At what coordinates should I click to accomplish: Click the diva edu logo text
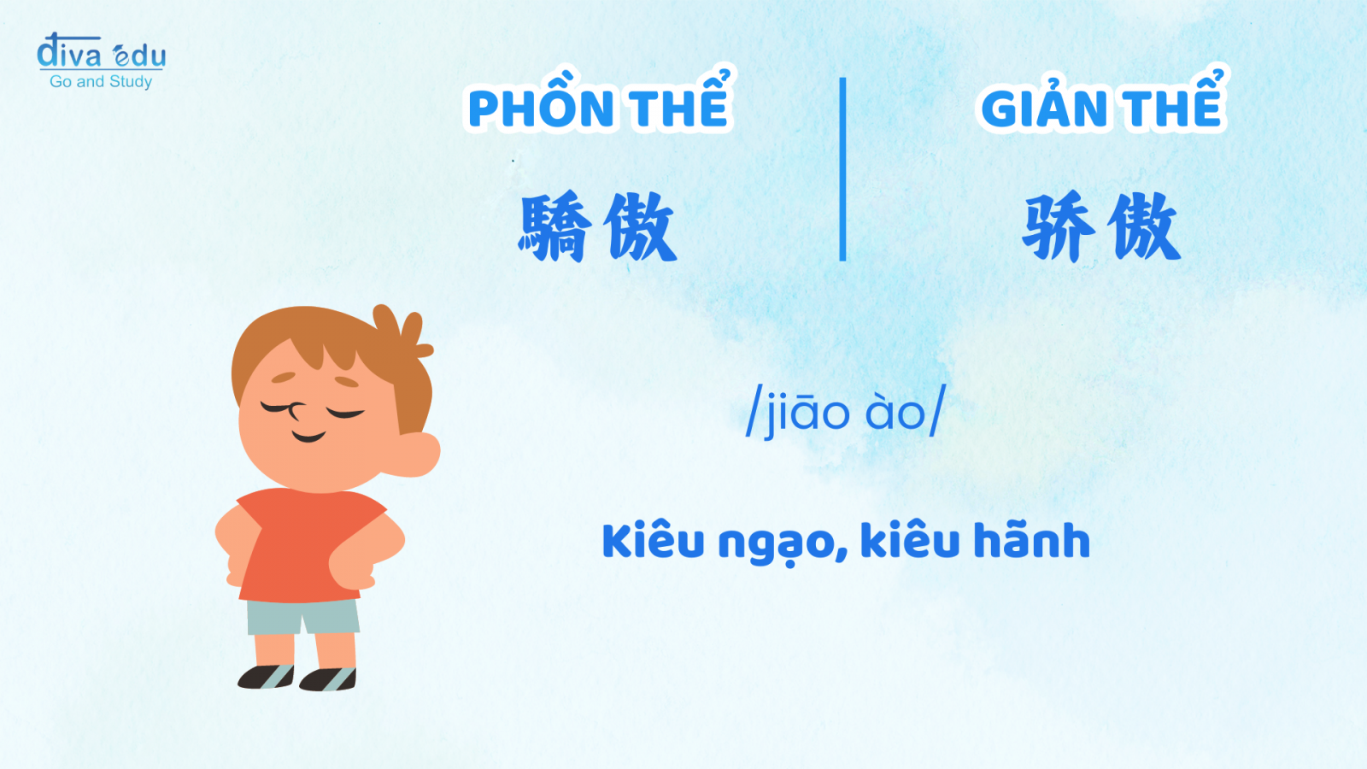[102, 51]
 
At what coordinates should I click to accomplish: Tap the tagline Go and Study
[101, 82]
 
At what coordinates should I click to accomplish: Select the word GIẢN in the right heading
[1047, 103]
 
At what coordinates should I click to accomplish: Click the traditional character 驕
[555, 227]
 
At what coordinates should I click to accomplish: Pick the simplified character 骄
[1059, 227]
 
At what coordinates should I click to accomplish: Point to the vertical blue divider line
[842, 169]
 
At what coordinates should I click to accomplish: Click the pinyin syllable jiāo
[807, 414]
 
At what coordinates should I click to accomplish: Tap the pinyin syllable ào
[895, 413]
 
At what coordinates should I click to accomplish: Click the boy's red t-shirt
[311, 544]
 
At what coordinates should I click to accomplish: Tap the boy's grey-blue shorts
[303, 616]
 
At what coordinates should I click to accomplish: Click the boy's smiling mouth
[308, 437]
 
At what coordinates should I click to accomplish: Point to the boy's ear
[418, 454]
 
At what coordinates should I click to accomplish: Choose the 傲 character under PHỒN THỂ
[640, 227]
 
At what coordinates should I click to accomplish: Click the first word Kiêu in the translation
[654, 541]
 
